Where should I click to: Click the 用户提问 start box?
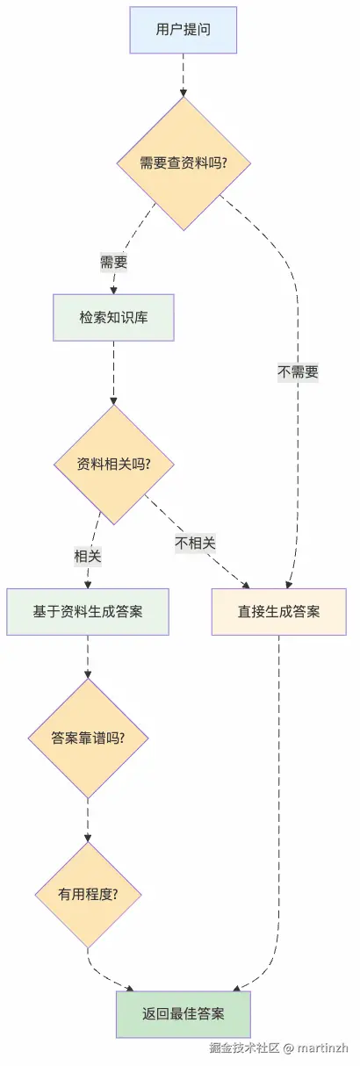[183, 29]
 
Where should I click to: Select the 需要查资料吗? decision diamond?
[183, 163]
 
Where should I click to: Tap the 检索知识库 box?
[113, 317]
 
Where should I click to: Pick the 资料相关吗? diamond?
[113, 464]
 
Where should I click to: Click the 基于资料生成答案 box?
[88, 611]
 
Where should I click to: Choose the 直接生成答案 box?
[279, 611]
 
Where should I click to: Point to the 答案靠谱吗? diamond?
[88, 738]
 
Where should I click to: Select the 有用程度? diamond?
[88, 895]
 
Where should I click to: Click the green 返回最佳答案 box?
[183, 1014]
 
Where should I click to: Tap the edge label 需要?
[113, 262]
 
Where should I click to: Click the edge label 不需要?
[298, 371]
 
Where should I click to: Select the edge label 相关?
[88, 556]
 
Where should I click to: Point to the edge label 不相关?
[195, 543]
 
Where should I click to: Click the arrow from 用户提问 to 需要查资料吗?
[183, 75]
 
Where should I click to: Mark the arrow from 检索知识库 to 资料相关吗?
[113, 373]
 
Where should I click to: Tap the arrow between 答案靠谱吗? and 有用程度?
[88, 821]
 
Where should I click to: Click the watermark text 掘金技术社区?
[243, 1048]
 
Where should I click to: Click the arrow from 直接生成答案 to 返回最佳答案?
[279, 790]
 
